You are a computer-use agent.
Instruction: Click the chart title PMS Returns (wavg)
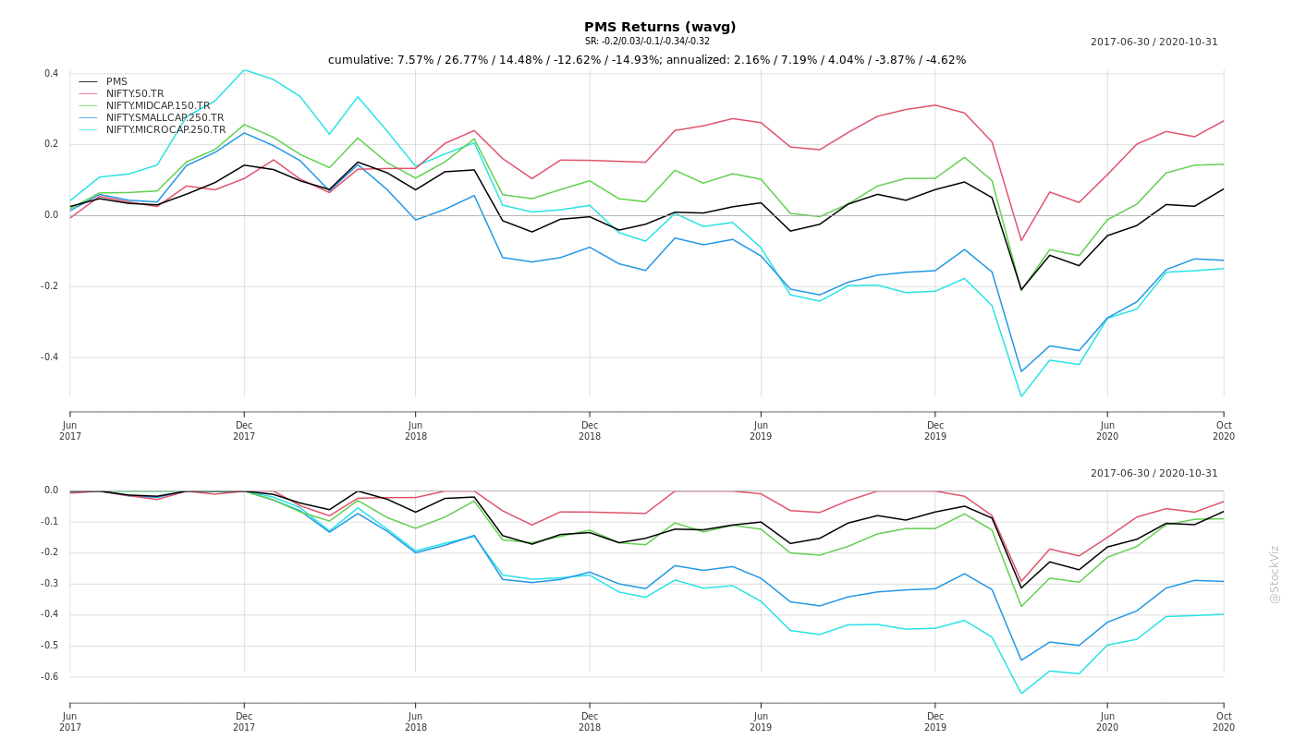point(660,28)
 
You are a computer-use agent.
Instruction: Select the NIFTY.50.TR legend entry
point(135,94)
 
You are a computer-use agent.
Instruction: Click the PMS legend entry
point(116,82)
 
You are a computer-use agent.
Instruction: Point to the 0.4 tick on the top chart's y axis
point(51,74)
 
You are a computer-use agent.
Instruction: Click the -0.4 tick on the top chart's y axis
point(49,357)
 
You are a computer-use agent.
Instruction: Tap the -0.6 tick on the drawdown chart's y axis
point(49,677)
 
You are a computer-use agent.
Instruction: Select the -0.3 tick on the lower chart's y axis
point(49,584)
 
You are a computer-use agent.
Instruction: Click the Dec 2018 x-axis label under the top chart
point(590,430)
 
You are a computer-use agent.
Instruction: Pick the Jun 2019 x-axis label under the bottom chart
point(761,721)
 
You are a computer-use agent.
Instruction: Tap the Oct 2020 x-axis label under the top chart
point(1223,430)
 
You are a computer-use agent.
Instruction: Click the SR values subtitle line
point(647,42)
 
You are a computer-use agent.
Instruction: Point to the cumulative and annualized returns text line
point(647,60)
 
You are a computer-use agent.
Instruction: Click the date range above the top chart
point(1154,42)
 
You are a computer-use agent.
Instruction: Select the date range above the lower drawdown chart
point(1154,474)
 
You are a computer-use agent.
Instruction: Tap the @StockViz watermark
point(1275,574)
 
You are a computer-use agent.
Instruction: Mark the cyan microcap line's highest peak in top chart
point(244,70)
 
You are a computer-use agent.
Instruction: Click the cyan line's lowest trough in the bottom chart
point(1021,694)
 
